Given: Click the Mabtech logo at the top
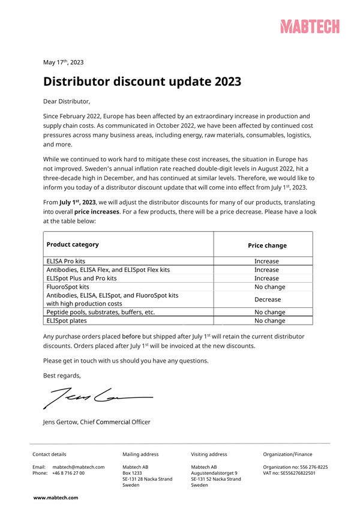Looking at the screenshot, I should point(310,26).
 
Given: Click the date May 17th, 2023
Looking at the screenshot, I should point(63,62).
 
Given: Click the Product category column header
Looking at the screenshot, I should point(73,245).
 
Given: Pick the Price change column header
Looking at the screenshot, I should point(267,245).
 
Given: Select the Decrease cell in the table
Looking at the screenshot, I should point(267,299).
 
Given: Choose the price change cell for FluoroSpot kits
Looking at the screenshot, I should point(267,287).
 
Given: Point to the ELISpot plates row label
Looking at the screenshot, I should point(65,321).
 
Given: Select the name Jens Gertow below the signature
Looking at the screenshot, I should point(59,422).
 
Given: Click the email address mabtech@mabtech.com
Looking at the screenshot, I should point(78,467).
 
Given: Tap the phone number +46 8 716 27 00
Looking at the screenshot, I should point(68,473).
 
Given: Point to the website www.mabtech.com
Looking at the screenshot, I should point(56,498).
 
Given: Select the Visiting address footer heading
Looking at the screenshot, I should point(209,454).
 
